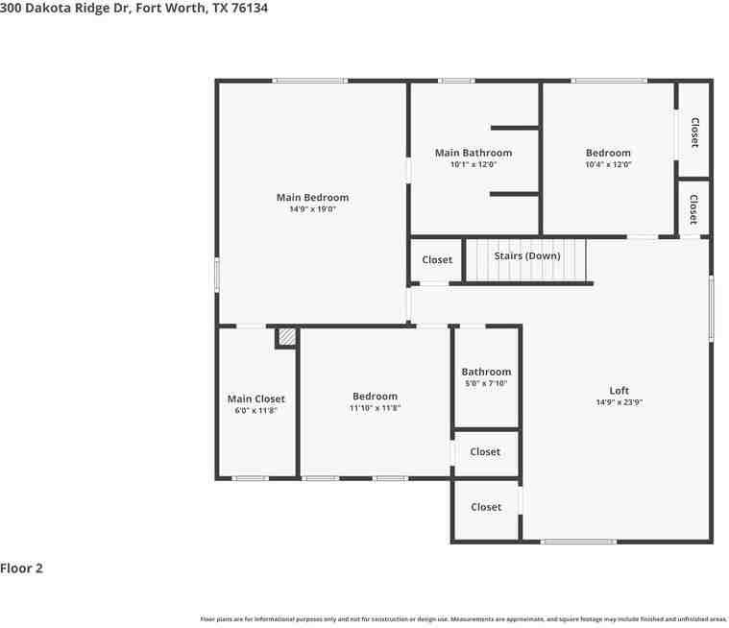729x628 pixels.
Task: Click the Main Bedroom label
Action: point(312,198)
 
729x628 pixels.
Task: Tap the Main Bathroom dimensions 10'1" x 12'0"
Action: point(473,164)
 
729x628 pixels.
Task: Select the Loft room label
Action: point(619,390)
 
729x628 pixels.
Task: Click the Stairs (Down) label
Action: point(526,256)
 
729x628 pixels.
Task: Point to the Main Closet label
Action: point(255,399)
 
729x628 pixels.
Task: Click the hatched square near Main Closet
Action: point(286,337)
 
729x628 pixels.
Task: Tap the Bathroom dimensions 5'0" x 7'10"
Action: point(485,383)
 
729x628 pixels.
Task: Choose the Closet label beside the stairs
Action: point(436,260)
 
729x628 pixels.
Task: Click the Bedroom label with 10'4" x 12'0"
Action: point(608,153)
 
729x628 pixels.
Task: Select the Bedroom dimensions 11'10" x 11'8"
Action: point(374,408)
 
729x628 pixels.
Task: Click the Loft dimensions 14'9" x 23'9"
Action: point(619,402)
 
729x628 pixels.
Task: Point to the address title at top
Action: point(134,8)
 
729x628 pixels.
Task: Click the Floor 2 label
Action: point(22,568)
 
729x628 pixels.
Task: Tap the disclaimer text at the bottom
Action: point(463,619)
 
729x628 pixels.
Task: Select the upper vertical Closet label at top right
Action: point(693,132)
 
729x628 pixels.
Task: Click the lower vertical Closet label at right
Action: point(693,208)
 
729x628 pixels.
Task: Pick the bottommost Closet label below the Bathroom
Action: point(485,507)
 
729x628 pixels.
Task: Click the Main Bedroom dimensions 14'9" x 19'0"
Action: point(312,209)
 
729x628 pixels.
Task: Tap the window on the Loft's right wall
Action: point(711,308)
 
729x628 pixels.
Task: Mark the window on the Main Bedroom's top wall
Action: point(309,81)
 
